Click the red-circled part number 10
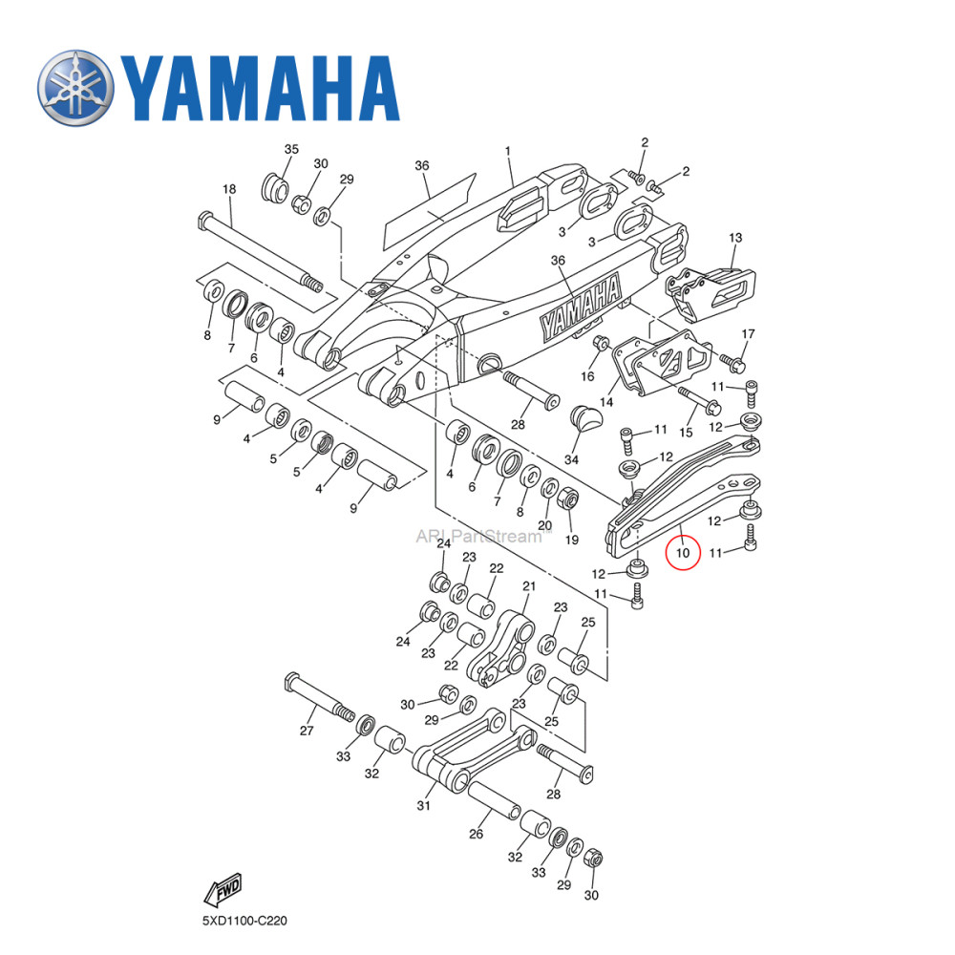[x=682, y=552]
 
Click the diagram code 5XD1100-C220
[x=244, y=922]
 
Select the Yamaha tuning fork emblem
[x=75, y=85]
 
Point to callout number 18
[x=229, y=190]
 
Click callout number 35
[x=291, y=150]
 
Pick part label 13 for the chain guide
[x=734, y=238]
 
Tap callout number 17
[x=748, y=334]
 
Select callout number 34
[x=571, y=460]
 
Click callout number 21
[x=529, y=586]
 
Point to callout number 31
[x=423, y=805]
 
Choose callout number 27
[x=307, y=731]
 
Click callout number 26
[x=476, y=834]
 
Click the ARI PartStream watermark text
[x=477, y=536]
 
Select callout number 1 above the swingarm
[x=508, y=151]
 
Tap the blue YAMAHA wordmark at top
[x=258, y=86]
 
